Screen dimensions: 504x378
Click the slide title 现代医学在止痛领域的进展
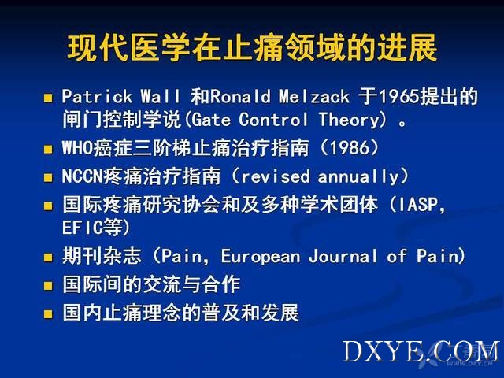252,47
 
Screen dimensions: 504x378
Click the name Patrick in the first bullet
97,96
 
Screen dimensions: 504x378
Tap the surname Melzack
314,96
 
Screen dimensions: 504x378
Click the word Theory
350,120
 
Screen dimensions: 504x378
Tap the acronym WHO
77,148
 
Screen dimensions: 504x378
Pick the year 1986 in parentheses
350,148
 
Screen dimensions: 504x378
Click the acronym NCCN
82,176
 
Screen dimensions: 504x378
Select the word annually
358,176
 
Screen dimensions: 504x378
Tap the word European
261,256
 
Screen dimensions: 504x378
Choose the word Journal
343,256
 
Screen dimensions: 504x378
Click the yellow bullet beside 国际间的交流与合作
48,286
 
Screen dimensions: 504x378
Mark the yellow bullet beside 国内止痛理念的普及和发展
48,313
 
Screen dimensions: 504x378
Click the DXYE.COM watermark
421,351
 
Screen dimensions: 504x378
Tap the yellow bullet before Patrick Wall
48,98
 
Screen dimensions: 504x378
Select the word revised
276,176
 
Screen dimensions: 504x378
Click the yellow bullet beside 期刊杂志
48,258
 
